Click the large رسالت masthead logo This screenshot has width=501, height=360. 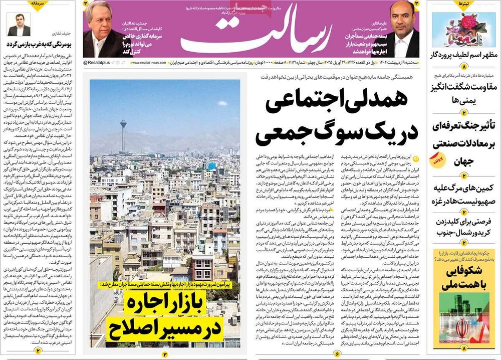coord(250,35)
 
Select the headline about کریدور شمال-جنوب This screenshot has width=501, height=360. coord(464,227)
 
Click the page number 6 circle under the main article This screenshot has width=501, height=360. coord(337,354)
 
